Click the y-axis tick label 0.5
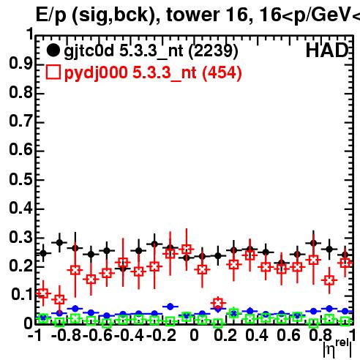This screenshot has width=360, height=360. click(x=20, y=179)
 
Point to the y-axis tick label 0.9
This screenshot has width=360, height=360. click(x=20, y=64)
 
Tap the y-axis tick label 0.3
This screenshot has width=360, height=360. click(x=20, y=237)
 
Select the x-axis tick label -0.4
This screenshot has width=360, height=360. click(x=129, y=335)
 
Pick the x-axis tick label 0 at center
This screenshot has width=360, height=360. click(x=194, y=335)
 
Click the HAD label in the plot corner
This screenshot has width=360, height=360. click(x=326, y=50)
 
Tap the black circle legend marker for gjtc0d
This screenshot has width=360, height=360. click(x=53, y=50)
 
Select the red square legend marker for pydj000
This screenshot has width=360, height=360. click(x=53, y=72)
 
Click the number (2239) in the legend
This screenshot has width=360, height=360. click(x=214, y=51)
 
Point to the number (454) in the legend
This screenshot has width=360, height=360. click(x=222, y=72)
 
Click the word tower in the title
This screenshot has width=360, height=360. click(x=194, y=15)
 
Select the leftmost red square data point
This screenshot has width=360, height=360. click(x=43, y=293)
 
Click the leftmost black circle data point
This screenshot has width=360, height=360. click(x=43, y=253)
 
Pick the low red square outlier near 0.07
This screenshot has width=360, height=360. click(x=218, y=303)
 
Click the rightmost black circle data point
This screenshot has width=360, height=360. click(x=345, y=255)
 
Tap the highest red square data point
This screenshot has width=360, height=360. click(x=187, y=250)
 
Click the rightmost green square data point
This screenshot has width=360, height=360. click(x=345, y=321)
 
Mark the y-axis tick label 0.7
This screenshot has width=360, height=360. click(x=20, y=121)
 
